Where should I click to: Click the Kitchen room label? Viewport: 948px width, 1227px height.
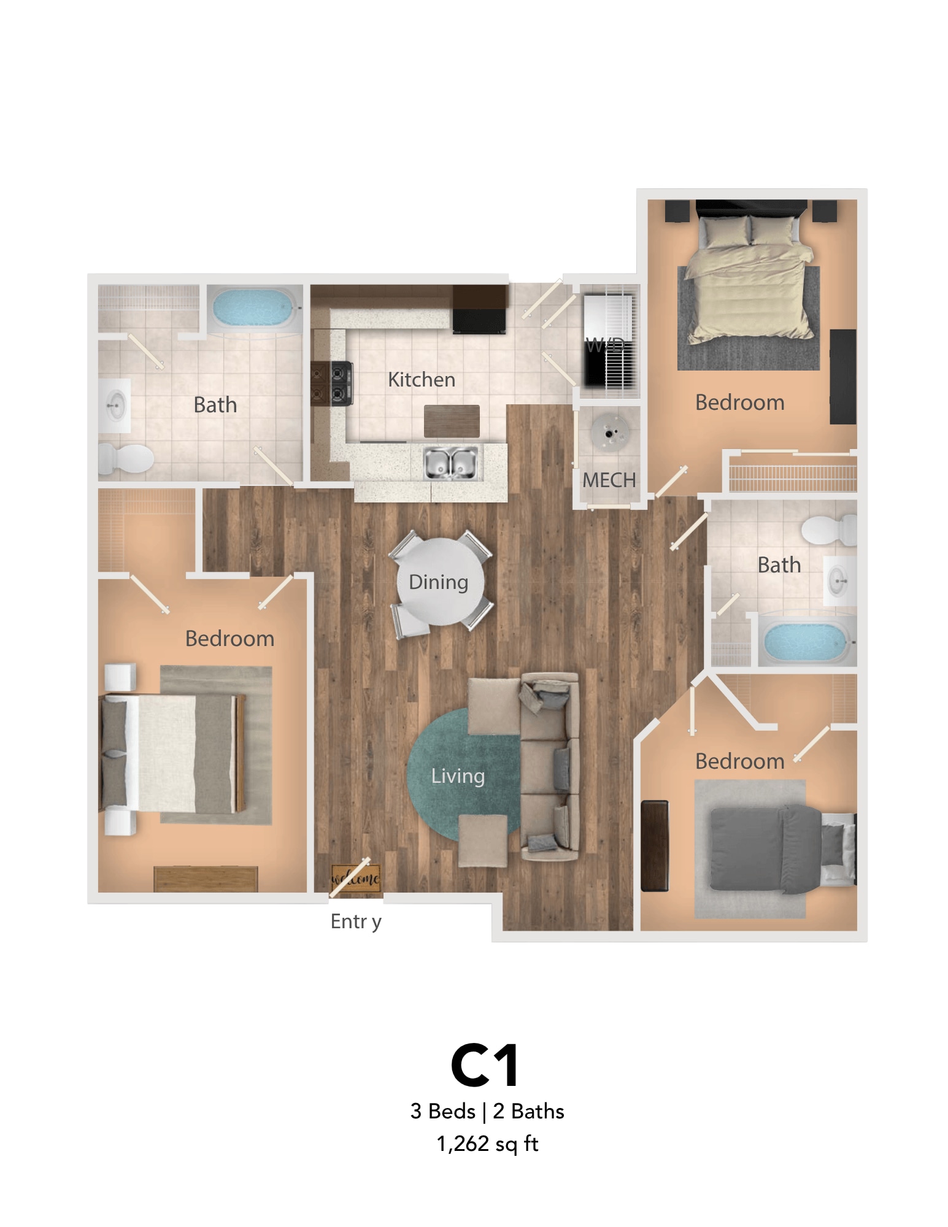tap(421, 380)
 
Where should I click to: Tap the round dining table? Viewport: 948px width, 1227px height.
tap(440, 581)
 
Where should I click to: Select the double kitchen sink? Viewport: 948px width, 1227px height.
tap(451, 464)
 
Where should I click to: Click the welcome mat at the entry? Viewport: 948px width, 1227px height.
tap(356, 878)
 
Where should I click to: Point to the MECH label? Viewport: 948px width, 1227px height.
tap(609, 480)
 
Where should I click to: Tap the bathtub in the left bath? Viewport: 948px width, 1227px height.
tap(252, 309)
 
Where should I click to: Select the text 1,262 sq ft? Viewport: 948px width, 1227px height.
tap(487, 1144)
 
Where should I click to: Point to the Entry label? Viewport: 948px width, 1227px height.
tap(356, 921)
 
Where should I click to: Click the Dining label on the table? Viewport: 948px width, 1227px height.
tap(438, 582)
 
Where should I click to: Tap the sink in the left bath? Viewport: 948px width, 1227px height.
tap(115, 406)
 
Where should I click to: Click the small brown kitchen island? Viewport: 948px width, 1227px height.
tap(452, 421)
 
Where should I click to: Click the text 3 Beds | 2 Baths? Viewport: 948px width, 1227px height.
tap(487, 1111)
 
